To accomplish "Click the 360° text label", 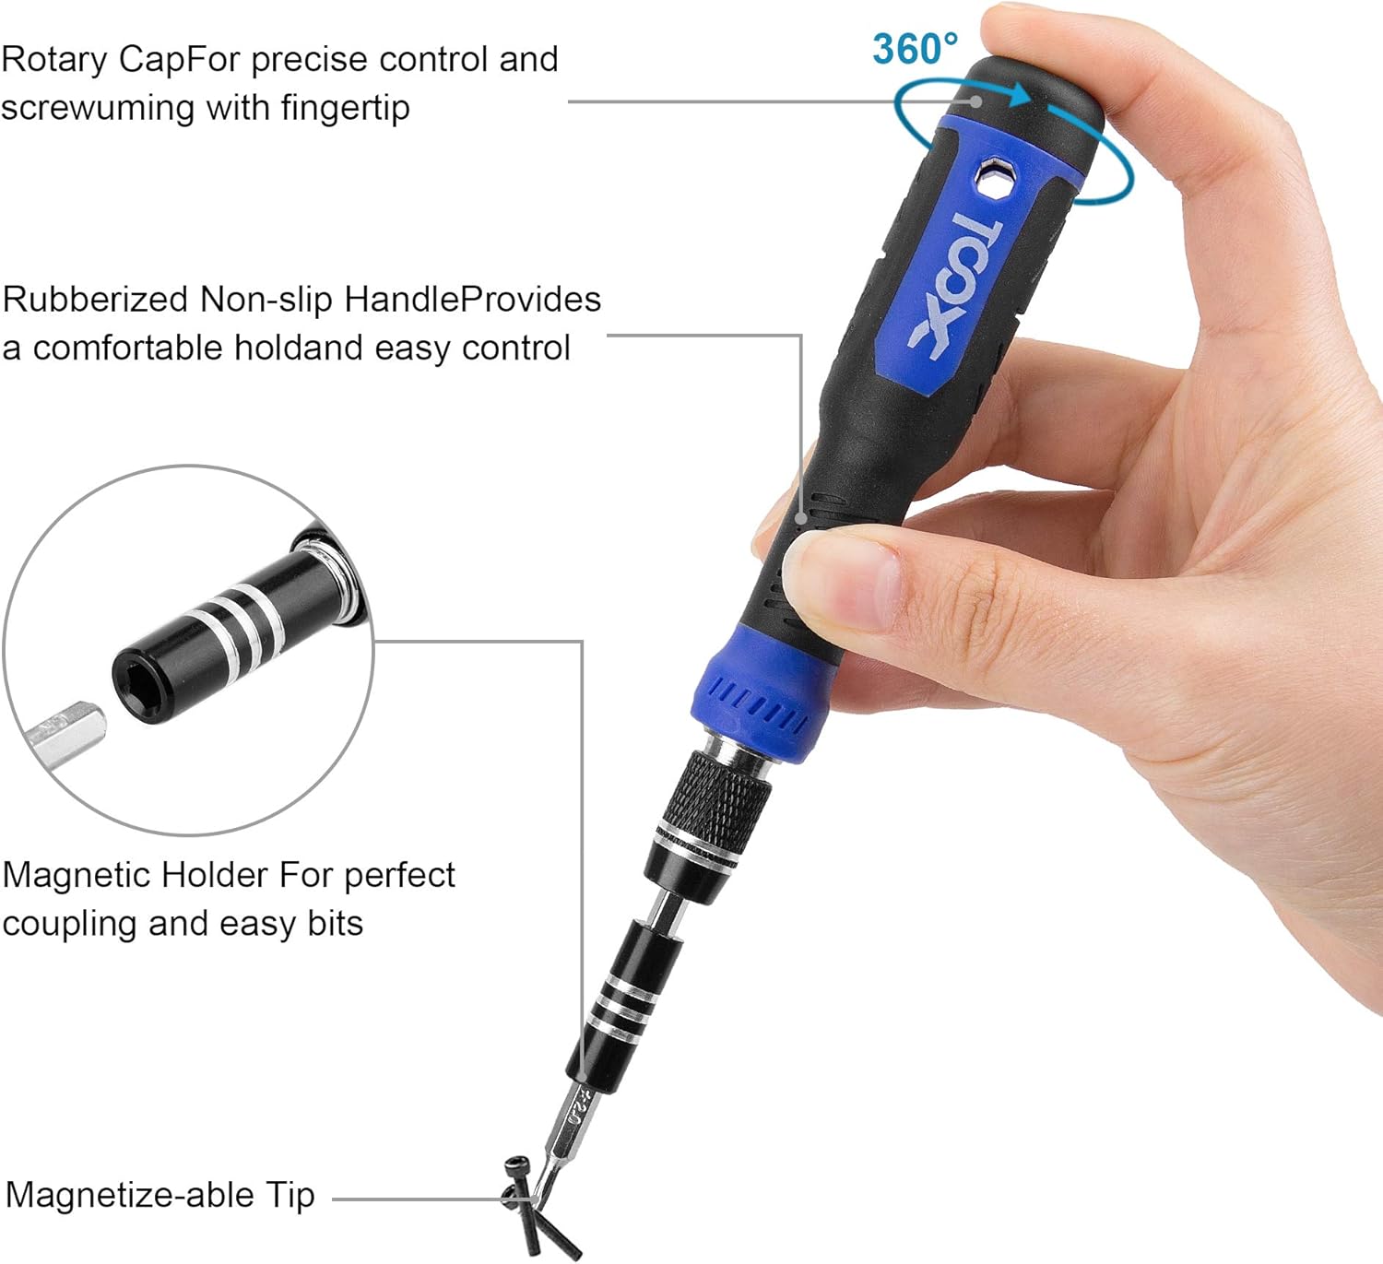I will pyautogui.click(x=915, y=49).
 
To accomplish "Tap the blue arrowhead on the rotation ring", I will pyautogui.click(x=1018, y=94).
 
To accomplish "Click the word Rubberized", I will pyautogui.click(x=96, y=300).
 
